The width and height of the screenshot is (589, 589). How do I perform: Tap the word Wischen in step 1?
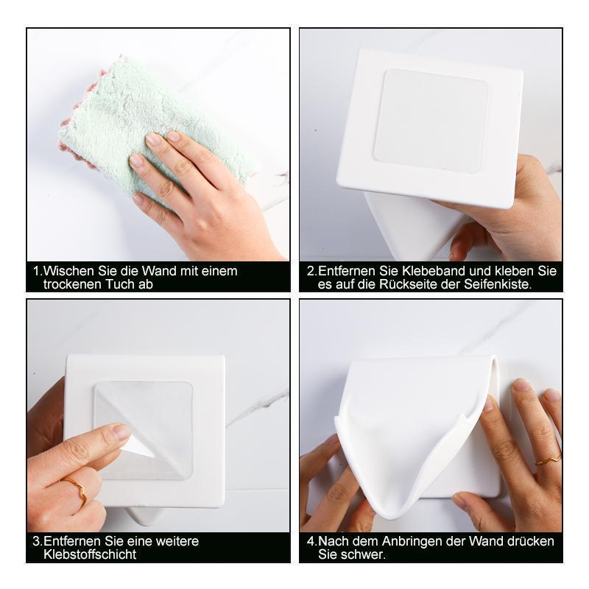pos(69,271)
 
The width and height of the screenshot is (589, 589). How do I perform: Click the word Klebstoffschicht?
pos(90,554)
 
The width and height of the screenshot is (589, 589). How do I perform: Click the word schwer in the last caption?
pos(363,554)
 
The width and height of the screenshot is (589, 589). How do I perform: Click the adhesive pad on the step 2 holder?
pos(431,121)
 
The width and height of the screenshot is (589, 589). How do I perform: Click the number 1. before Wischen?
pos(38,271)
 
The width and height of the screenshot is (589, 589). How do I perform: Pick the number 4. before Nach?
pos(311,541)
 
